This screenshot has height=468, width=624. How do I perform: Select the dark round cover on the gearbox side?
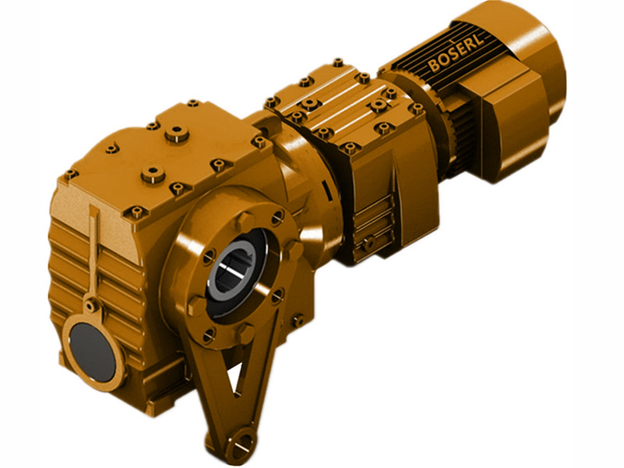coord(91,349)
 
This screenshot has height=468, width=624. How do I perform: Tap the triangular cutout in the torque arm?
coord(232,388)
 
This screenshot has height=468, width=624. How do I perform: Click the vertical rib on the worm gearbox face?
coord(94,250)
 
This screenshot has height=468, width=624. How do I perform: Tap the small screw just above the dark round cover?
coord(92,306)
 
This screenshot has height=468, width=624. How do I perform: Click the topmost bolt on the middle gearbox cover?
coord(337,62)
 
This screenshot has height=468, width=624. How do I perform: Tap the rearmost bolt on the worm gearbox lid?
coord(192,103)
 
